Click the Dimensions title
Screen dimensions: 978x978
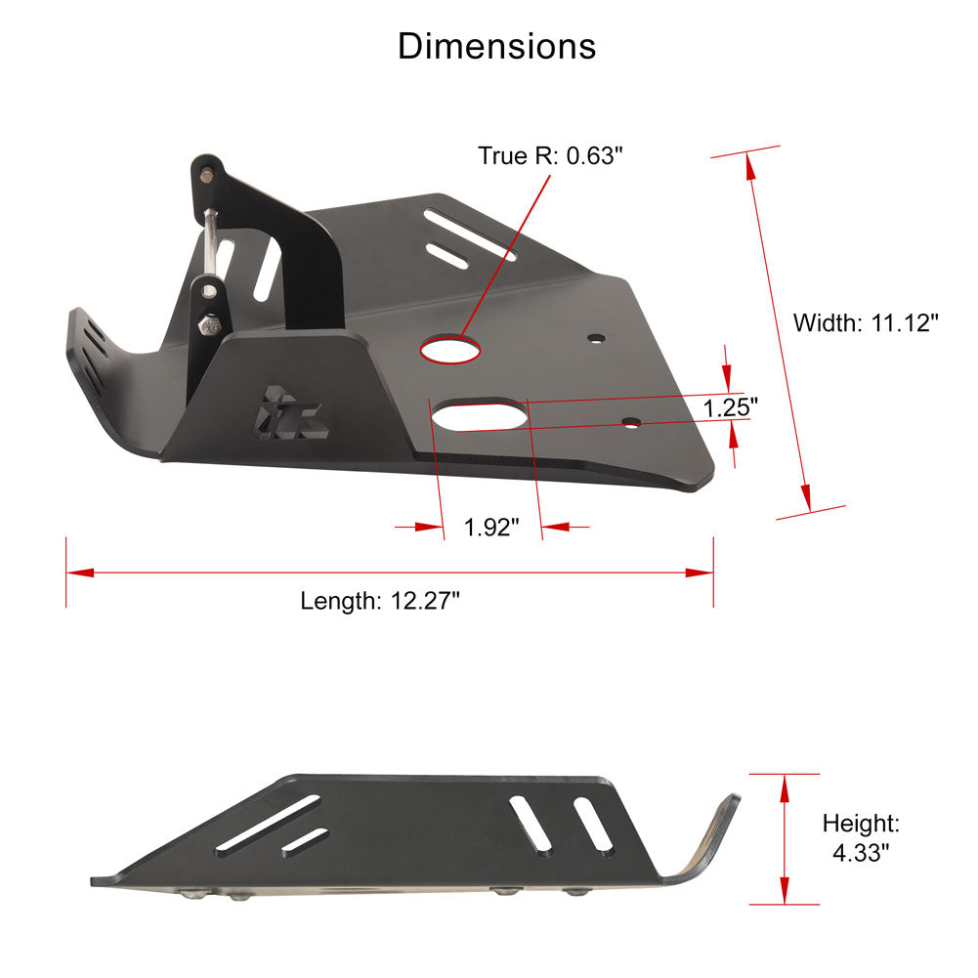coord(496,46)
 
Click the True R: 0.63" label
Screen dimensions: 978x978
coord(549,155)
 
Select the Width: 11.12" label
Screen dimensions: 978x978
coord(866,322)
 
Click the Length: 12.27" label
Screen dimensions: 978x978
coord(380,600)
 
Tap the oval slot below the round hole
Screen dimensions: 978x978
coord(481,414)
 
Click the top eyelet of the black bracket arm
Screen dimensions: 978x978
coord(207,175)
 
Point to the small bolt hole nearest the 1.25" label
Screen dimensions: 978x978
coord(632,422)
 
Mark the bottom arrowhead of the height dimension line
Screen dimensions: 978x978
coord(784,890)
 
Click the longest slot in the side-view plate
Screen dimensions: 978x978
coord(277,819)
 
